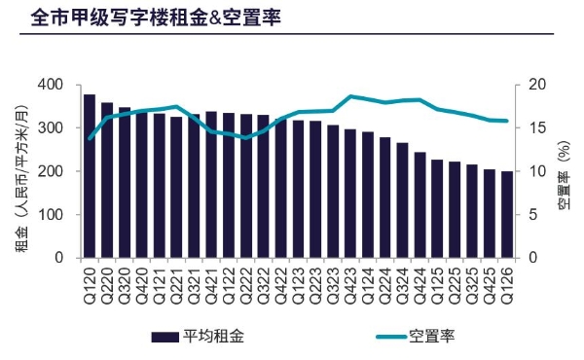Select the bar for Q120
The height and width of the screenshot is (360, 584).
pos(90,176)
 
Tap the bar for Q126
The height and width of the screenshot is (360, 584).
pos(506,215)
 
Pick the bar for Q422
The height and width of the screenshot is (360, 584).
pos(281,189)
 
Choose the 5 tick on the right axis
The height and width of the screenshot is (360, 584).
pos(533,214)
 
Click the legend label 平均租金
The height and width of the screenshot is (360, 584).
pos(213,336)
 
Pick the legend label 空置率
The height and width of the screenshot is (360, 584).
pos(432,336)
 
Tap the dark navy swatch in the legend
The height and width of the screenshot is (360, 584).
pos(164,337)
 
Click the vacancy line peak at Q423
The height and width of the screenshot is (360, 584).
pos(350,96)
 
